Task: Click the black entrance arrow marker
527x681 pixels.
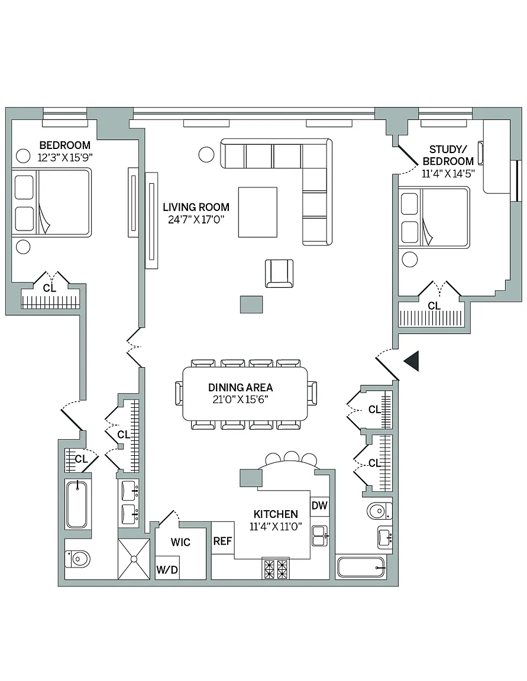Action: tap(412, 361)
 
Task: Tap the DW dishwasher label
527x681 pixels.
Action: tap(319, 505)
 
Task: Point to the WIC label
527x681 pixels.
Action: tap(180, 542)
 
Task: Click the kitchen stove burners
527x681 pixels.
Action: tap(276, 569)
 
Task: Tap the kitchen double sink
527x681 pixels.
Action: tap(320, 536)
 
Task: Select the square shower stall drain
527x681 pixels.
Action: tap(134, 559)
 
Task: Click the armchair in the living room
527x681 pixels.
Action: tap(279, 273)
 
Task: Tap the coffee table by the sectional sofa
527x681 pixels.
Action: tap(258, 212)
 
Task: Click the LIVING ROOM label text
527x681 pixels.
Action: tap(196, 207)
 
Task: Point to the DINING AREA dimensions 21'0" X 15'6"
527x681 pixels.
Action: tap(240, 399)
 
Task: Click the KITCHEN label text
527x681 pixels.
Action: tap(276, 514)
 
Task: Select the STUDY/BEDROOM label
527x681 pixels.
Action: tap(448, 155)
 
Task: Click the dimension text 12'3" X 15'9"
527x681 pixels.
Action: tap(65, 157)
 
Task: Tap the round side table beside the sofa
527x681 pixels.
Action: tap(206, 154)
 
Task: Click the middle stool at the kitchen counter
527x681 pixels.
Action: tap(291, 457)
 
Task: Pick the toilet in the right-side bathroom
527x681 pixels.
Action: tap(379, 511)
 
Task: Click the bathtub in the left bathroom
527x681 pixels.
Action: tap(77, 504)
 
